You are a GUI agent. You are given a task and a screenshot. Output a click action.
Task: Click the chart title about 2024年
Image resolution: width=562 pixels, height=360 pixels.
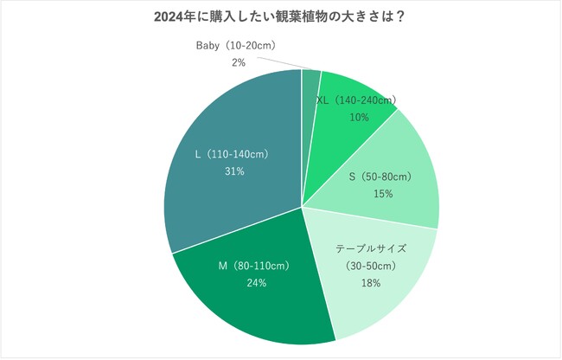[x=281, y=16]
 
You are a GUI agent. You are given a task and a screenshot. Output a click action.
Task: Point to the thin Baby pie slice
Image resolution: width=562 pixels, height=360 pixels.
[x=310, y=87]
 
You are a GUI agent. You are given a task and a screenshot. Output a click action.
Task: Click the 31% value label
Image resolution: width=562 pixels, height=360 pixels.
[x=233, y=171]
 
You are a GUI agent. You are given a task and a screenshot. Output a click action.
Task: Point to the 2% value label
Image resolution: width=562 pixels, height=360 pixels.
[x=239, y=62]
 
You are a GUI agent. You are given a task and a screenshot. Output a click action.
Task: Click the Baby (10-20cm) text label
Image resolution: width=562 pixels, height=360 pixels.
[x=238, y=46]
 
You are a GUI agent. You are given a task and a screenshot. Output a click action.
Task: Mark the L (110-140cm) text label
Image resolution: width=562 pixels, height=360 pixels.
[x=233, y=154]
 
